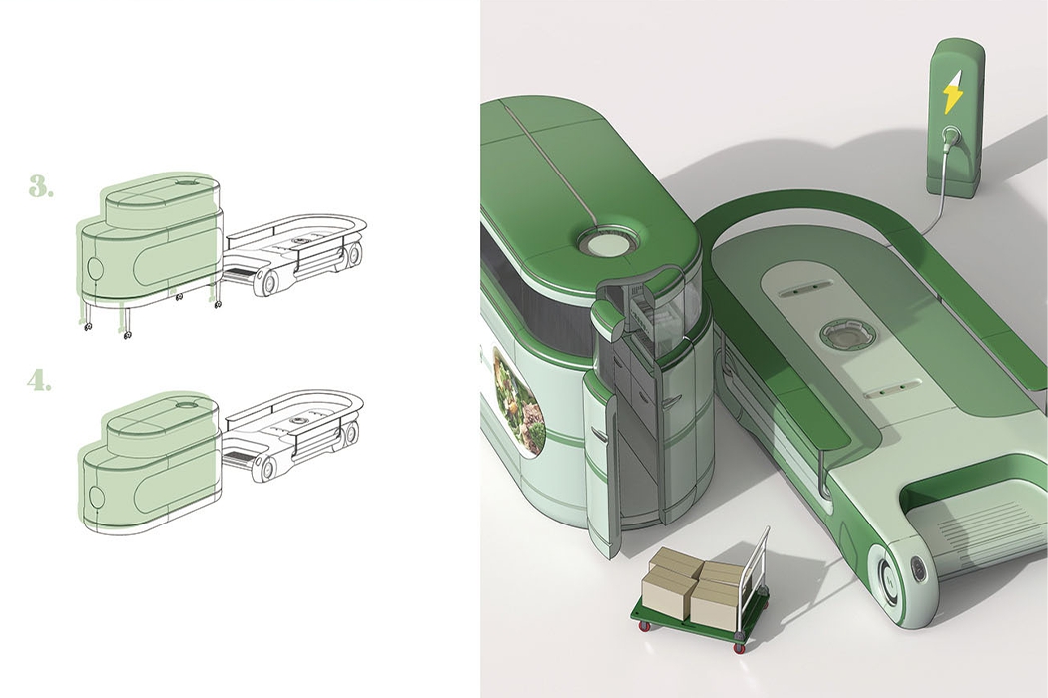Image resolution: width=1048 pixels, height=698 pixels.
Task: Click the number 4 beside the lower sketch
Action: (41, 381)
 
